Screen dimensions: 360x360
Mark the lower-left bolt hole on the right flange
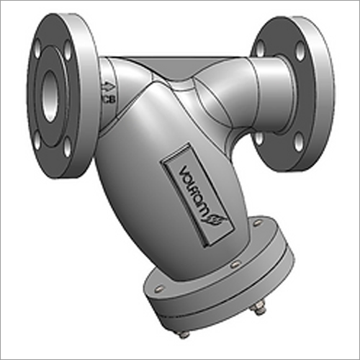tap(258, 136)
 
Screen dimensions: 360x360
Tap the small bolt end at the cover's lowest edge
tap(184, 334)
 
